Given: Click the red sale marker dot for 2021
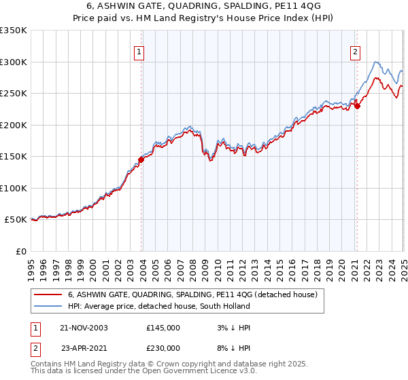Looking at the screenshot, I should coord(357,105).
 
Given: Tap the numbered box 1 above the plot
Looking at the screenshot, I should coord(139,50).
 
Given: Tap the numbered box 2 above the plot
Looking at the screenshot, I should coord(356,50).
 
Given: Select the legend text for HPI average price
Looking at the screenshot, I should coord(159,307).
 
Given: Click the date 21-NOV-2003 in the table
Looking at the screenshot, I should coord(84,328).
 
